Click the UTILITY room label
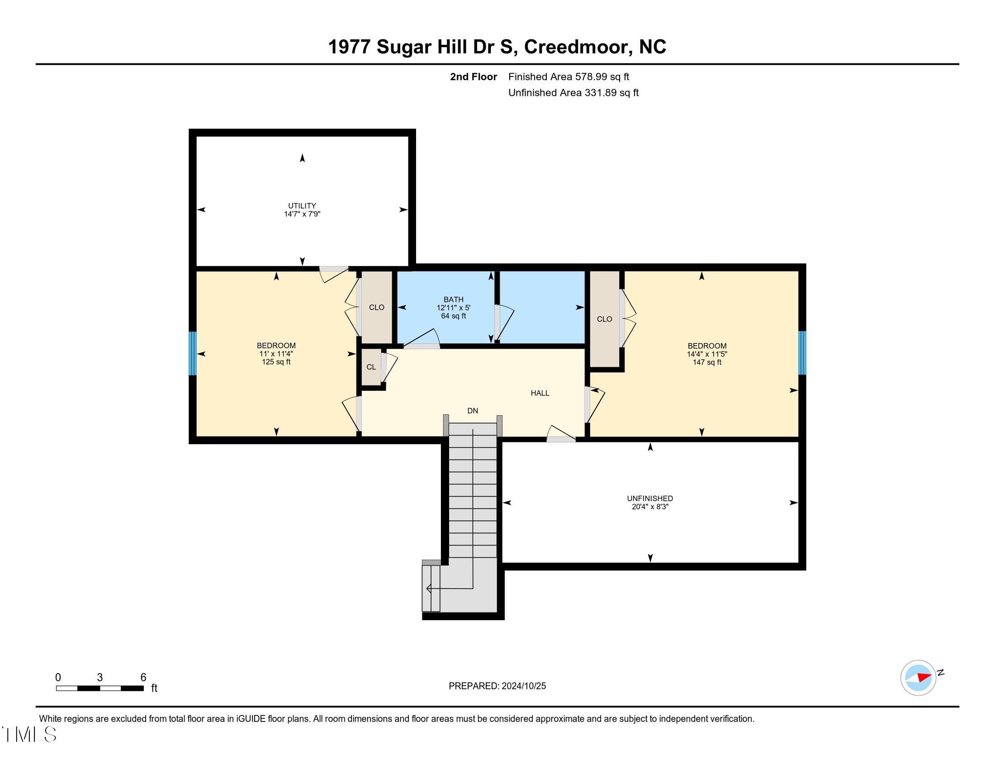coord(302,205)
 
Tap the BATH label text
coord(453,299)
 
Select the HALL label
coord(540,393)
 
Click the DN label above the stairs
coord(473,410)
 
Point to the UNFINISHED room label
coord(649,498)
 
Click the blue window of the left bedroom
coord(193,353)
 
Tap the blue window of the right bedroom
coord(802,353)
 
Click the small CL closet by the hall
coord(371,367)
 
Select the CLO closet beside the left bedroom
coord(376,308)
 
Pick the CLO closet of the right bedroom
coord(604,319)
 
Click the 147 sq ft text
coord(706,362)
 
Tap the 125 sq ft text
coord(275,362)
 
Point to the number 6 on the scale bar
coord(143,677)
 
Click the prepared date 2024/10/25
coord(523,686)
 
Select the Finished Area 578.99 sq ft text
coord(569,76)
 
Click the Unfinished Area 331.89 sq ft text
coord(573,92)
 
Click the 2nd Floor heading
coord(473,76)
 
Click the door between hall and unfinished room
coord(561,436)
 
